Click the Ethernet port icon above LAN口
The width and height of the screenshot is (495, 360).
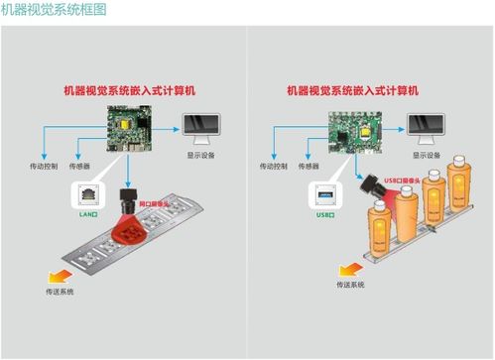click(x=87, y=193)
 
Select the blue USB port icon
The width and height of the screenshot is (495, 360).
click(x=325, y=194)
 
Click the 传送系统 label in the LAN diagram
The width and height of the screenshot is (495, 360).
click(x=60, y=291)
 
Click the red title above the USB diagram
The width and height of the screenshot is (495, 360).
click(x=353, y=90)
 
